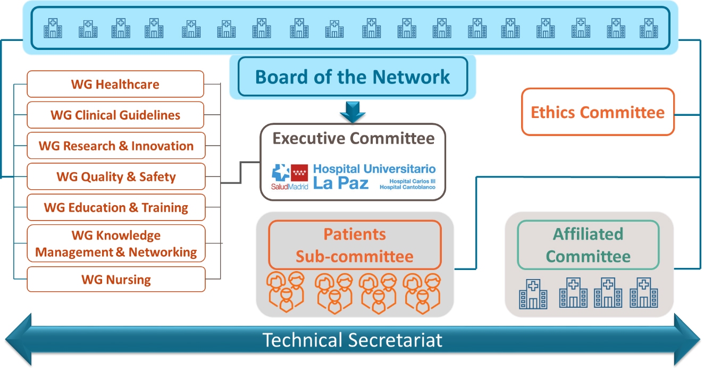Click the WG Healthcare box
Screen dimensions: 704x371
point(115,84)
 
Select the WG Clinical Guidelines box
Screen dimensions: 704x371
point(115,115)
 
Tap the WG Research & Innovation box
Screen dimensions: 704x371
point(116,146)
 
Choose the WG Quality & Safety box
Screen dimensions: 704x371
point(116,176)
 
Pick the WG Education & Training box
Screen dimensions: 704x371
point(116,207)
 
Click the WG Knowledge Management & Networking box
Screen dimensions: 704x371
point(116,243)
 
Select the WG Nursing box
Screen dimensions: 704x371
point(116,279)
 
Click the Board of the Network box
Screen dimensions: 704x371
point(353,77)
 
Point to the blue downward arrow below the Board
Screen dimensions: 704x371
point(353,112)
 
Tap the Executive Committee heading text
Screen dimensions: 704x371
point(353,138)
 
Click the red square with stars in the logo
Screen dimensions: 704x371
point(299,172)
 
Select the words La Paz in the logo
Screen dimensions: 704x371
point(341,183)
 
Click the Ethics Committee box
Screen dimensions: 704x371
point(598,112)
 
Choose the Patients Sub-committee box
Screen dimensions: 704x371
point(355,245)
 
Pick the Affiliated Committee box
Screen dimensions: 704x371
point(588,245)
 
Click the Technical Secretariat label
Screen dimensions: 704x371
point(353,340)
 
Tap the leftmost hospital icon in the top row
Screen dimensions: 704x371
point(53,28)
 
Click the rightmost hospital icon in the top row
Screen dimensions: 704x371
point(649,28)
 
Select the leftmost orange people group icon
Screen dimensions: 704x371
point(286,292)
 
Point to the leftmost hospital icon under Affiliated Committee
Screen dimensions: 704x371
point(533,294)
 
